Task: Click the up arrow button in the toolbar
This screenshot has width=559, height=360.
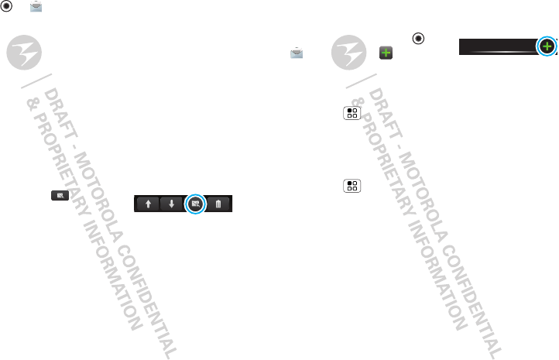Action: click(x=148, y=204)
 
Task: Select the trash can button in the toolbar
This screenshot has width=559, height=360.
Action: click(x=218, y=204)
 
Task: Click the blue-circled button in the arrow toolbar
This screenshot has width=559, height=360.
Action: click(x=195, y=204)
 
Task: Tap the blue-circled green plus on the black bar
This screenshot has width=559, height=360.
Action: click(x=547, y=46)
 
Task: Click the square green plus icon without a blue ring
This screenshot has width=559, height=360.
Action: click(x=384, y=53)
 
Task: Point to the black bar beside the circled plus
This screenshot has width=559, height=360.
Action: click(x=496, y=47)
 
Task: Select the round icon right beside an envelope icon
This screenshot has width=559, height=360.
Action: click(x=7, y=7)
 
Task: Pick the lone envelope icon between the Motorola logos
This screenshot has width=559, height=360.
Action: click(x=296, y=53)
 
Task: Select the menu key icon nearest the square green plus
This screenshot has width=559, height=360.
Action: click(x=352, y=113)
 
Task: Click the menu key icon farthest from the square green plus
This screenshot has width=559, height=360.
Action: click(x=352, y=187)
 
